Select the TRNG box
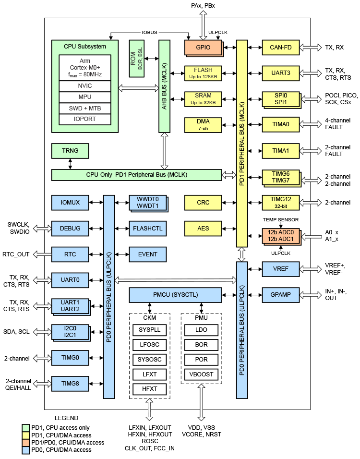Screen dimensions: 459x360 point(70,151)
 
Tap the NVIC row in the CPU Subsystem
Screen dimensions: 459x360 point(85,86)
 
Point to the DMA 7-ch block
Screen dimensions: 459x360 point(203,124)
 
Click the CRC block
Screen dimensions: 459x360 point(203,203)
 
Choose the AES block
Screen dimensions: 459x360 point(203,229)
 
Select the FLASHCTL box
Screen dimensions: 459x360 point(147,229)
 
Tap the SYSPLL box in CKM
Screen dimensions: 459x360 point(149,330)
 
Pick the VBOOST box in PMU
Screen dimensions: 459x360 point(201,374)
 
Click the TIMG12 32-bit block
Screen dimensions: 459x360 point(281,202)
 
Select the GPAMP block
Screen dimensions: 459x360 point(281,294)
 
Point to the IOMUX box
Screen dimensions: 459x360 point(70,203)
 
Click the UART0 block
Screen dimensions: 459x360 point(70,279)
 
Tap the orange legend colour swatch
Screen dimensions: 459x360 point(26,442)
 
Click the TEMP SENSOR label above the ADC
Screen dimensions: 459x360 point(281,220)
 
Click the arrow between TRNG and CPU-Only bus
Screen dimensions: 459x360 point(71,164)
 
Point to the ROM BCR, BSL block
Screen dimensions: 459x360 point(137,59)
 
